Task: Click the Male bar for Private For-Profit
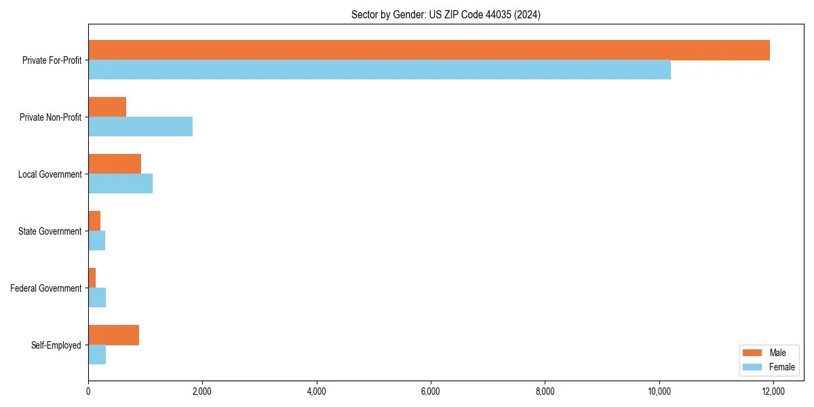click(429, 50)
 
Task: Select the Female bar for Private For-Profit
click(379, 70)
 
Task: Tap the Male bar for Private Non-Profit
click(107, 107)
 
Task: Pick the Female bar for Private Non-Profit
click(140, 127)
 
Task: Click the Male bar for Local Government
click(115, 164)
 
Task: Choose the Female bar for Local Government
click(120, 184)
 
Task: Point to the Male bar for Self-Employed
click(113, 335)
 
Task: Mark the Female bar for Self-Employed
click(97, 355)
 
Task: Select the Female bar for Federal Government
click(97, 298)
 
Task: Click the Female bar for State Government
click(96, 241)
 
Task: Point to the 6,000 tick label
click(431, 391)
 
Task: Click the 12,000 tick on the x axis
click(773, 391)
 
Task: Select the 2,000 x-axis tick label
click(202, 391)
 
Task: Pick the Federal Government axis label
click(46, 288)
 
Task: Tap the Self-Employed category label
click(56, 345)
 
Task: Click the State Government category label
click(50, 231)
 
